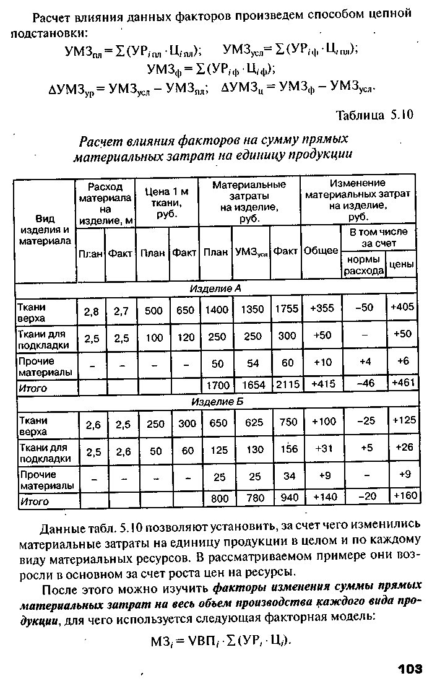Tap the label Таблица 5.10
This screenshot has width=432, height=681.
pyautogui.click(x=374, y=116)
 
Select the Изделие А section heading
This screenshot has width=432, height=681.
pyautogui.click(x=216, y=289)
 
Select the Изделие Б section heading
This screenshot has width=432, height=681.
pyautogui.click(x=216, y=402)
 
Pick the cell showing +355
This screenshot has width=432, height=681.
pyautogui.click(x=322, y=309)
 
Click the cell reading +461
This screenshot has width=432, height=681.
pyautogui.click(x=402, y=384)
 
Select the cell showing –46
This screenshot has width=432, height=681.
pyautogui.click(x=368, y=384)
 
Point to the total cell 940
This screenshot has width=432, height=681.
pyautogui.click(x=288, y=497)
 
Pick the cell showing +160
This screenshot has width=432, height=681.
pyautogui.click(x=405, y=496)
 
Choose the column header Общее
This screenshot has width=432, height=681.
pyautogui.click(x=321, y=251)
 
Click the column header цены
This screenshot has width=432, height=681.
pyautogui.click(x=400, y=264)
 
